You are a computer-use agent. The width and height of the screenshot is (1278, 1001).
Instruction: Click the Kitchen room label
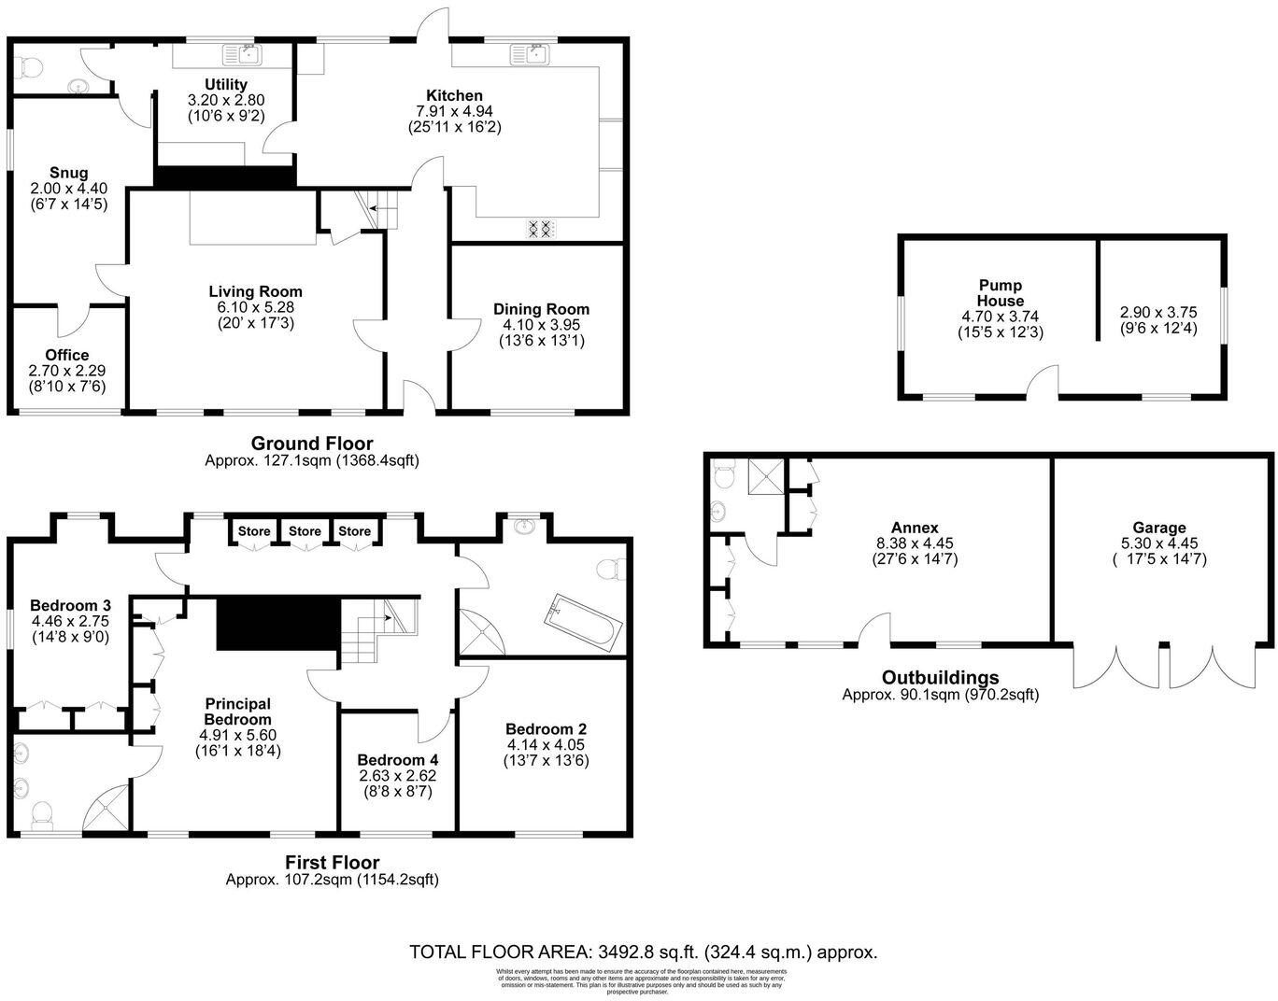[454, 95]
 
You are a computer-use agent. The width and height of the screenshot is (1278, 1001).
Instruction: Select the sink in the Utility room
[249, 55]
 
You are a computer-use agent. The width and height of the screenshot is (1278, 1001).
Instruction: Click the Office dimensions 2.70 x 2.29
[67, 371]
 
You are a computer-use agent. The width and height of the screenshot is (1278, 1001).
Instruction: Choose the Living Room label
[255, 291]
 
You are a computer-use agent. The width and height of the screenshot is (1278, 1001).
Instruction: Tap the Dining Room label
[541, 309]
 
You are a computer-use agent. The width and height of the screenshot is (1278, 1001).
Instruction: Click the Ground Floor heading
[312, 444]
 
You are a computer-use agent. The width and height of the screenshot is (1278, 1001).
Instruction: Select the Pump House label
[1001, 293]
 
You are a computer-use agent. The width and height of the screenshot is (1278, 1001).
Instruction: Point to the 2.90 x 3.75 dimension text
[1158, 313]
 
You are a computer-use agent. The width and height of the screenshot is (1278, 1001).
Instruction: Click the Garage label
[1158, 528]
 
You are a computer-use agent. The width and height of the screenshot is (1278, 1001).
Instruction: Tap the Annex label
[915, 528]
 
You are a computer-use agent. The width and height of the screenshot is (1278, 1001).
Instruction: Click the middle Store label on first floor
[305, 531]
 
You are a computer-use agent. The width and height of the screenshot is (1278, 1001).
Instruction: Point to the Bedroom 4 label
[397, 759]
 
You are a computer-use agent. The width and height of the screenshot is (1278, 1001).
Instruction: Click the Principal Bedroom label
[238, 712]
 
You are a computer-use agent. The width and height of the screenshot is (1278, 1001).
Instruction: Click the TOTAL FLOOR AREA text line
[643, 952]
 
